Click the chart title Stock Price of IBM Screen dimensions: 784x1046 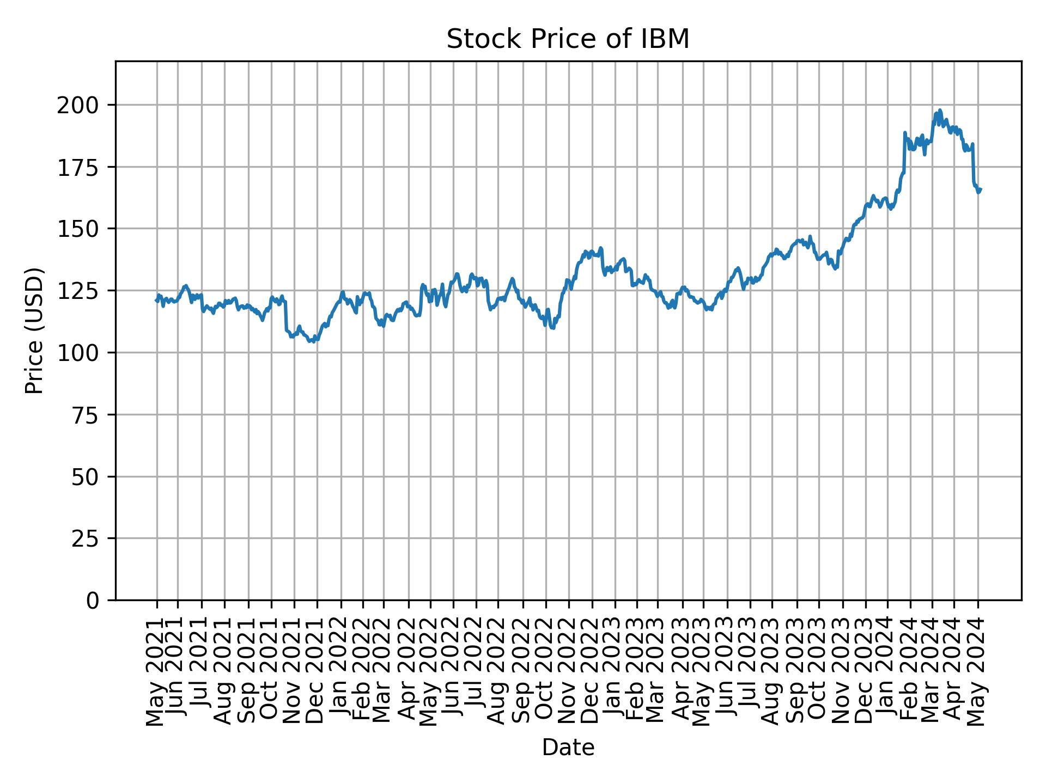tap(568, 39)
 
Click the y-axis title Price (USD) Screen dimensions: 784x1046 tap(34, 330)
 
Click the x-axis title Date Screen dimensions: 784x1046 tap(568, 748)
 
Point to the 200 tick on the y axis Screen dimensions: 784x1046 tap(82, 105)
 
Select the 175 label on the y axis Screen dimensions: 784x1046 tap(82, 167)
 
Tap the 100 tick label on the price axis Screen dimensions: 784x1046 tap(82, 353)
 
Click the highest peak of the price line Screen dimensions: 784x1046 tap(940, 110)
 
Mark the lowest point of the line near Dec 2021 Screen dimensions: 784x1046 tap(314, 342)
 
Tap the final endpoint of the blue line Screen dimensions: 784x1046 tap(981, 189)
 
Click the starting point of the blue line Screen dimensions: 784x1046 tap(156, 300)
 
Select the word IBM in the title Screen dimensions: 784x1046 tap(668, 39)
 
